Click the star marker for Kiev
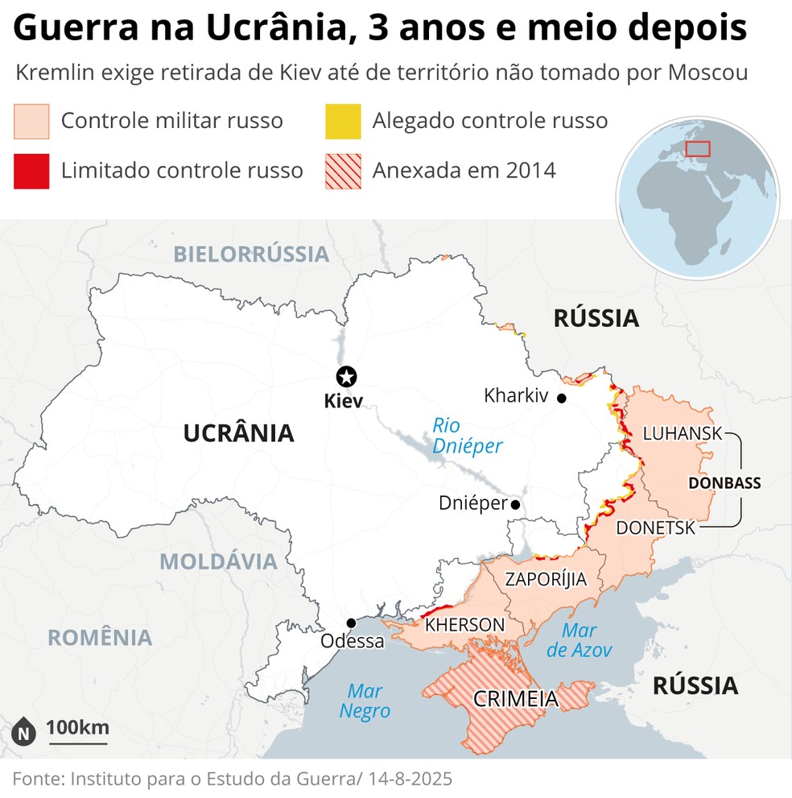click(347, 376)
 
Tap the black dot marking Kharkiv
click(561, 398)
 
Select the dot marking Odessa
click(352, 622)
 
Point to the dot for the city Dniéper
click(515, 505)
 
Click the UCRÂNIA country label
click(238, 433)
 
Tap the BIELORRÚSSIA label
click(252, 254)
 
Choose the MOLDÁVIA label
click(218, 561)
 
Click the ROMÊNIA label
click(100, 637)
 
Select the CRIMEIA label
click(515, 698)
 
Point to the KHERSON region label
click(464, 625)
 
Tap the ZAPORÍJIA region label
click(545, 579)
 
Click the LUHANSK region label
click(683, 433)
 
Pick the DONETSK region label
click(655, 528)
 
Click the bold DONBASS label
click(724, 483)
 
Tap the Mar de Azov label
click(579, 640)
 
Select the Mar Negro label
click(365, 701)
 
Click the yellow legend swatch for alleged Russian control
click(342, 122)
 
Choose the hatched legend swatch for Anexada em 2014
click(342, 171)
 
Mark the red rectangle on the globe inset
click(697, 148)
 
